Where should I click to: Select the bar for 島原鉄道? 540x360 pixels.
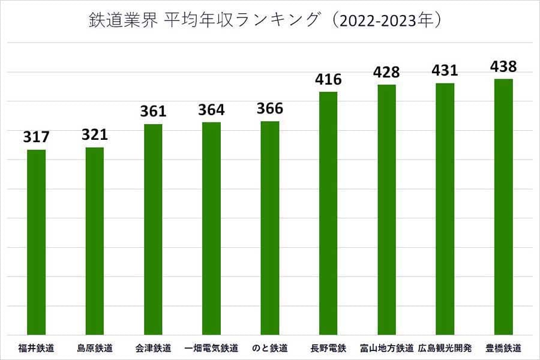click(x=95, y=241)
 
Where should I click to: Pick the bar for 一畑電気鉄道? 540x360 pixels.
click(x=211, y=228)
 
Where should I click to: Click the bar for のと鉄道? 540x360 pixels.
click(x=270, y=228)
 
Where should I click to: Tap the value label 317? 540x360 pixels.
click(x=37, y=137)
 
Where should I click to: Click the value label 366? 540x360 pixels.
click(x=270, y=109)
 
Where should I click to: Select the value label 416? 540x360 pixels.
click(x=328, y=79)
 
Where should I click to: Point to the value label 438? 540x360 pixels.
click(x=503, y=66)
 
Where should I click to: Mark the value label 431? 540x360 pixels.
click(x=445, y=70)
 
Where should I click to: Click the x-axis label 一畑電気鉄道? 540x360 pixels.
click(x=211, y=348)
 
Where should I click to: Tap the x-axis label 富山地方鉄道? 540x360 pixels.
click(x=386, y=348)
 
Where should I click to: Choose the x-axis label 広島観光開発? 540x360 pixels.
click(x=445, y=348)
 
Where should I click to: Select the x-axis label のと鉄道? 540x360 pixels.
click(x=270, y=348)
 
